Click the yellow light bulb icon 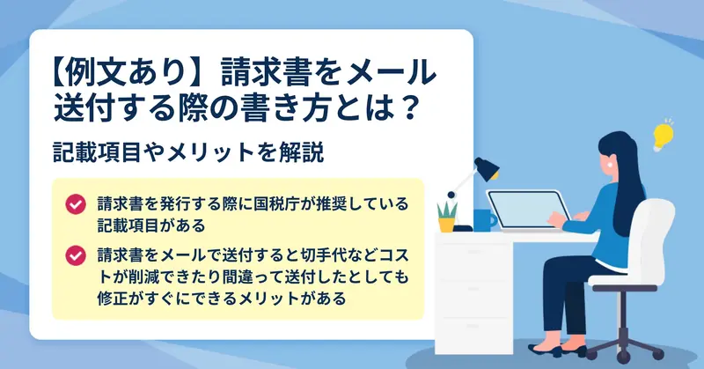pyautogui.click(x=664, y=136)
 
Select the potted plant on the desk pyautogui.click(x=447, y=218)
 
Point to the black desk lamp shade pyautogui.click(x=488, y=168)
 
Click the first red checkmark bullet pyautogui.click(x=76, y=204)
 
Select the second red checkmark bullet pyautogui.click(x=76, y=255)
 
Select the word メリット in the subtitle pyautogui.click(x=211, y=152)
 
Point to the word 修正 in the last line pyautogui.click(x=113, y=298)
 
